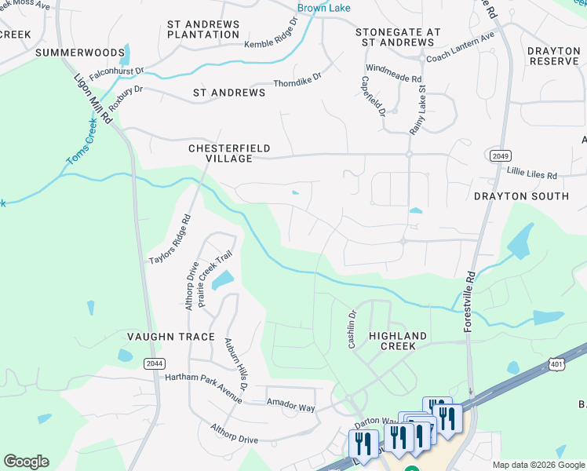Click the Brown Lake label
point(323,9)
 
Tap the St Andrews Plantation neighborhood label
point(203,30)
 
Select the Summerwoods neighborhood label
point(80,53)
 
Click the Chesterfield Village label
point(220,153)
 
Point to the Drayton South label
point(521,195)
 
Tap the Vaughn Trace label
point(171,337)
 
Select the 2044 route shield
point(154,363)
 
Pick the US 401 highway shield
point(556,364)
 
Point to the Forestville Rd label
point(469,301)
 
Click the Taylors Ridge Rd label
point(170,239)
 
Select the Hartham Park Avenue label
point(203,378)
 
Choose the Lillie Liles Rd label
point(532,175)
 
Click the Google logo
point(26,462)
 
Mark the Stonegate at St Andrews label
point(398,38)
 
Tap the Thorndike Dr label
point(297,80)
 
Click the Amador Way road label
point(290,408)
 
